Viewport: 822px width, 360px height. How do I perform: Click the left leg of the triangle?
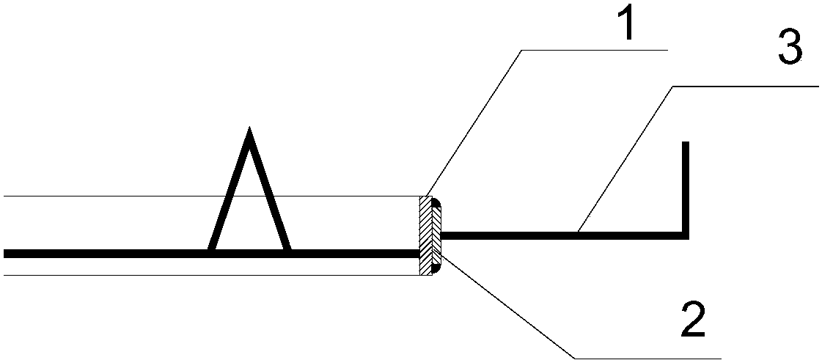click(229, 188)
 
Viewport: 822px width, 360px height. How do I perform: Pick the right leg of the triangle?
click(271, 188)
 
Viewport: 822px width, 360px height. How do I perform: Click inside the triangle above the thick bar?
click(250, 210)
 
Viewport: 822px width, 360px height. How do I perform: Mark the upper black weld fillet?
click(436, 202)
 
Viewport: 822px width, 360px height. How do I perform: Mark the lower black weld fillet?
click(436, 269)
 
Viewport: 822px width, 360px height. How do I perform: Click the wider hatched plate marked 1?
click(425, 236)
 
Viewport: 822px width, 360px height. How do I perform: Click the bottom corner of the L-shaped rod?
click(686, 236)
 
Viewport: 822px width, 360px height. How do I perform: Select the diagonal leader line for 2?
click(507, 306)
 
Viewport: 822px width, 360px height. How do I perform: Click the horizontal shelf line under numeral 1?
click(595, 51)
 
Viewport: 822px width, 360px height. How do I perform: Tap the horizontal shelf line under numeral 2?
click(648, 359)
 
